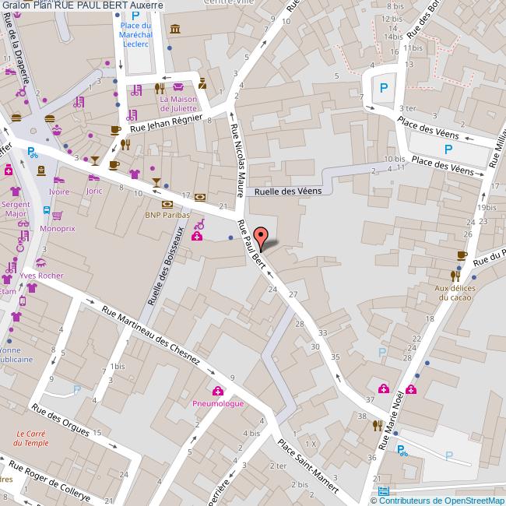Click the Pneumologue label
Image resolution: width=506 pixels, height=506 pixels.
point(218,403)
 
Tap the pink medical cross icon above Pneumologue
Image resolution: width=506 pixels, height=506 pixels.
point(218,391)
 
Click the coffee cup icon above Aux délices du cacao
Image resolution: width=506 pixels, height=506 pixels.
point(462,255)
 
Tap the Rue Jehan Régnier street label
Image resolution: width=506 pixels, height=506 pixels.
point(167,124)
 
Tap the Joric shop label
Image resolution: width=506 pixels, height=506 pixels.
point(94,191)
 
